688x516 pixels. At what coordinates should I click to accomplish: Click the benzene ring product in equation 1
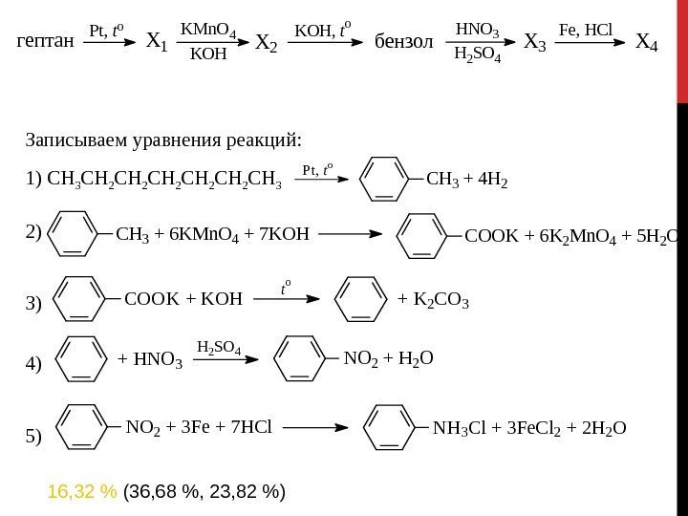[390, 178]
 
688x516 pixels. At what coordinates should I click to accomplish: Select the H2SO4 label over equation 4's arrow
[218, 345]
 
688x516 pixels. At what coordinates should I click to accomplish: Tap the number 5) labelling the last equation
[34, 437]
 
